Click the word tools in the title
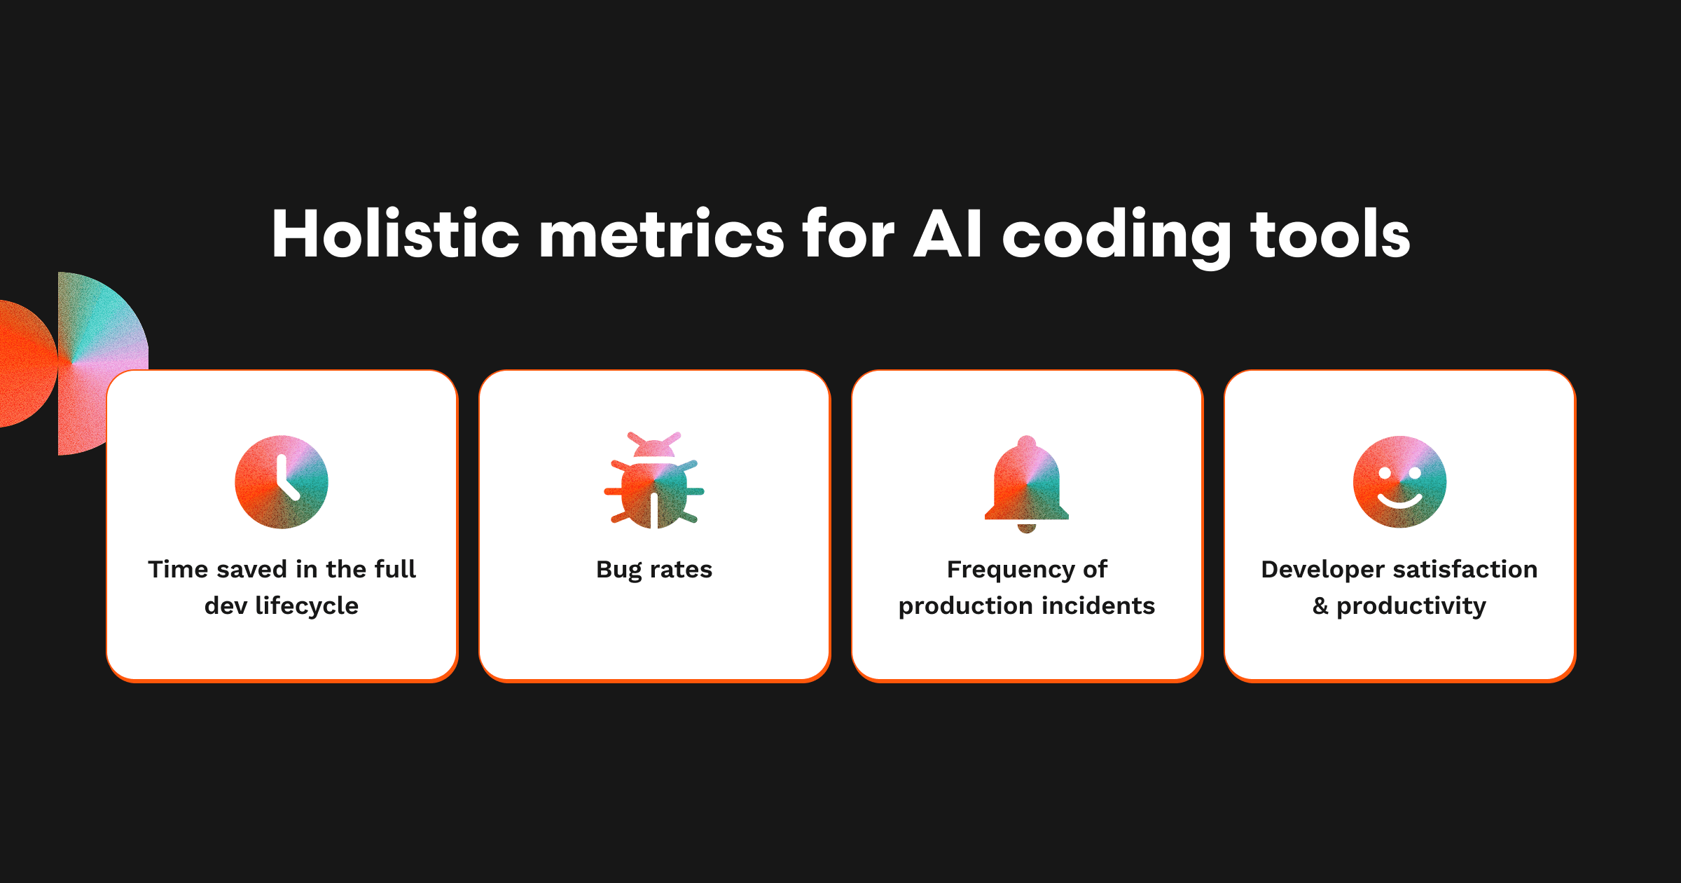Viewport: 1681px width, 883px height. click(x=1330, y=234)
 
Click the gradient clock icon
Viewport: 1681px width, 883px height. click(x=282, y=482)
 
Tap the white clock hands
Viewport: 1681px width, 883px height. click(x=287, y=477)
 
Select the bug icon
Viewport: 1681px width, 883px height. click(x=654, y=480)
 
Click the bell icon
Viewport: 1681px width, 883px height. click(x=1027, y=484)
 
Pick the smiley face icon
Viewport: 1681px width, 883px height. click(x=1399, y=482)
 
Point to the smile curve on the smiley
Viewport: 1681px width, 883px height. click(x=1399, y=502)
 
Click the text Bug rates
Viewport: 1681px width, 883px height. click(x=654, y=570)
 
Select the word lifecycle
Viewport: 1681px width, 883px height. click(x=307, y=606)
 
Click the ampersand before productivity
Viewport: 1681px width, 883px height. click(x=1320, y=606)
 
